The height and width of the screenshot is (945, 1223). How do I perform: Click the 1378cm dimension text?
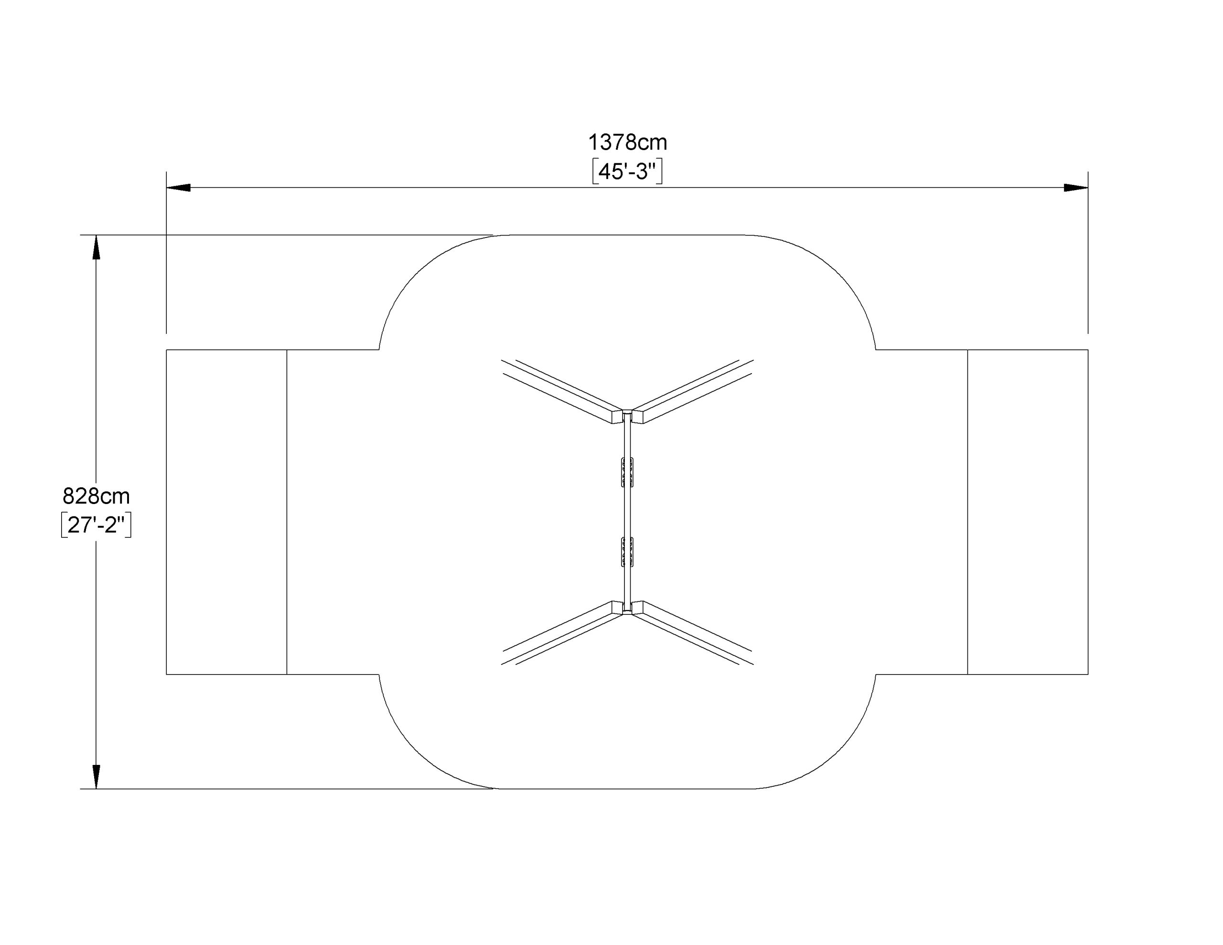[x=627, y=143]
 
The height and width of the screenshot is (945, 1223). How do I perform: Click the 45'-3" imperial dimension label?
[x=627, y=172]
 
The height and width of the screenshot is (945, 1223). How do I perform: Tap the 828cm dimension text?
[x=97, y=496]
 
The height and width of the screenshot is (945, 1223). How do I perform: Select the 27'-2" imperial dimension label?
[x=97, y=525]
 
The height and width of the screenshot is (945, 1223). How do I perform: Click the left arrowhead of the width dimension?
[x=179, y=188]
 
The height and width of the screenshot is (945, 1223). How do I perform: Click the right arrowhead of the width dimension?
[x=1076, y=188]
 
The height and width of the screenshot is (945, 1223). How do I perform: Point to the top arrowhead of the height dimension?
[x=97, y=247]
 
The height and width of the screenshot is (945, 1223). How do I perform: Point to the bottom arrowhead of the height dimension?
[x=97, y=777]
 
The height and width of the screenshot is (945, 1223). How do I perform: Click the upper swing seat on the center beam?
[x=627, y=472]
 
